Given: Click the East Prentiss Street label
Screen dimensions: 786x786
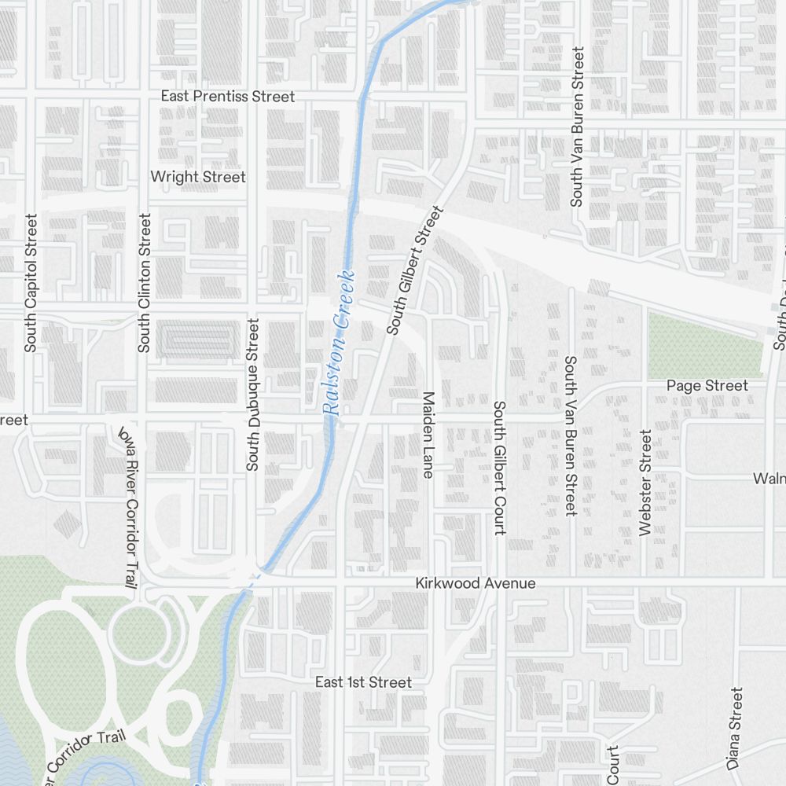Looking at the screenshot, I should [228, 96].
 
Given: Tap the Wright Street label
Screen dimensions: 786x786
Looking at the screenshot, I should [198, 177].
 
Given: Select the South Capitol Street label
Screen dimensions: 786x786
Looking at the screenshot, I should [31, 283].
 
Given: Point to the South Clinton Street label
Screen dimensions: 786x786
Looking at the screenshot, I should [144, 283].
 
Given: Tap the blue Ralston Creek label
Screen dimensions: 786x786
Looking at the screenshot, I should [340, 343].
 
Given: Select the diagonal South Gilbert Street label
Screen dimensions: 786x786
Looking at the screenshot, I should [416, 270].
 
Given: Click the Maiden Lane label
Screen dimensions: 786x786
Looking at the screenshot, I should [428, 434].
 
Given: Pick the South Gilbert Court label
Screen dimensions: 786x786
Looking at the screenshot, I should [499, 468].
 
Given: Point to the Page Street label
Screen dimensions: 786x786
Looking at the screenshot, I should [707, 385].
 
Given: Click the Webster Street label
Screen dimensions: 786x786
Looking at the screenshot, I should [646, 483].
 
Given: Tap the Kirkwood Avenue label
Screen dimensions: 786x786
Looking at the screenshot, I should [476, 583].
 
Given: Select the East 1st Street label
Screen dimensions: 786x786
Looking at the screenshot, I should [363, 682].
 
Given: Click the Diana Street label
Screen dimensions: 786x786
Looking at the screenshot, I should [734, 728].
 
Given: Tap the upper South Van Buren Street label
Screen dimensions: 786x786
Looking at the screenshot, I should [578, 127].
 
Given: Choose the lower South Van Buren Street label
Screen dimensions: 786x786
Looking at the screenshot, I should [571, 436].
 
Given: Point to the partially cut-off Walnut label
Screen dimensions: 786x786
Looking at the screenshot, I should [769, 479].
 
